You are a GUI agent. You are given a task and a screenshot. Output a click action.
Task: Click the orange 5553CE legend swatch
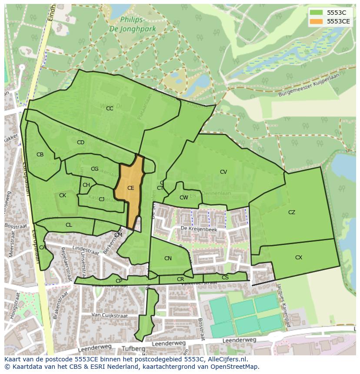317,21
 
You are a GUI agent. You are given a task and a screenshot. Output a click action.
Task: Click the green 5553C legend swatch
317,13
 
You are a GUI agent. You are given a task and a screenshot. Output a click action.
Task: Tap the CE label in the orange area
130,188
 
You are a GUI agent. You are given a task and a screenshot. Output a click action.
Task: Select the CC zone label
110,109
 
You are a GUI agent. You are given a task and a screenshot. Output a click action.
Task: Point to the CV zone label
223,172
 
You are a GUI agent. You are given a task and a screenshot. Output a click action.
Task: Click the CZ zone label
292,212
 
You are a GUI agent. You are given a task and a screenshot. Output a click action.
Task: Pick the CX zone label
299,258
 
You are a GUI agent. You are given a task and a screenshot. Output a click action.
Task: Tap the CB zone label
40,155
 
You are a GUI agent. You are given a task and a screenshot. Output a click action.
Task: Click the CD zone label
80,142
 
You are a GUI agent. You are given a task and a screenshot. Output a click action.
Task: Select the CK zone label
63,195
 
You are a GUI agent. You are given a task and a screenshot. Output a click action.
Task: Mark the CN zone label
168,258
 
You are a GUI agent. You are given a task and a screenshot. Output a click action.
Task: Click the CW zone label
184,198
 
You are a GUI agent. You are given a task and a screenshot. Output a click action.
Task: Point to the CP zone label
119,281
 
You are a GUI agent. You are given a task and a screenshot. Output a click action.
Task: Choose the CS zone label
225,278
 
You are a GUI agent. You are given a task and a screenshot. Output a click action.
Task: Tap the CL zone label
69,225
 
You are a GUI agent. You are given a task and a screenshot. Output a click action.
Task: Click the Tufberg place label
133,349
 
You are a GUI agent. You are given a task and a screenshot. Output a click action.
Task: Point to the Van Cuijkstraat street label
107,314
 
